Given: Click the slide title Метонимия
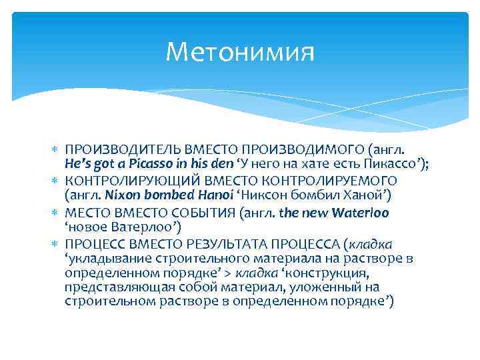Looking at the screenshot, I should point(240,51).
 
